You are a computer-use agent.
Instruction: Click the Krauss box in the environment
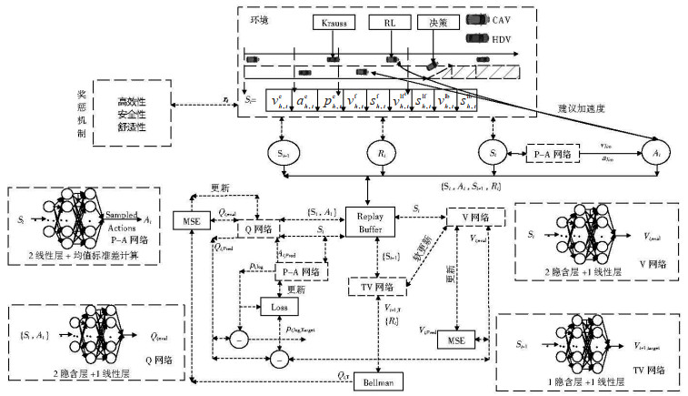[334, 22]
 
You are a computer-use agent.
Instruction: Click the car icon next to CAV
[475, 18]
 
